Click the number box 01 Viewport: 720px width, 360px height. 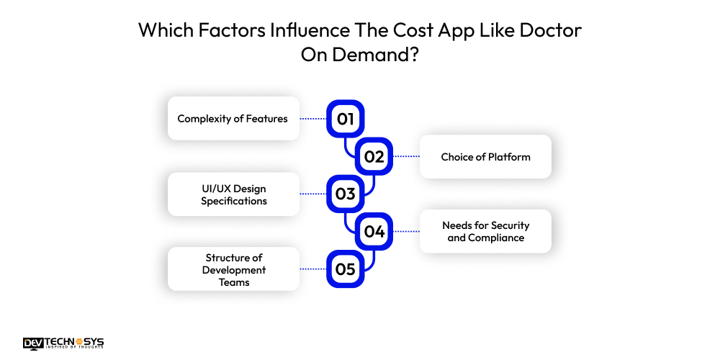(x=346, y=119)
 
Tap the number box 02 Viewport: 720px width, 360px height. (x=374, y=156)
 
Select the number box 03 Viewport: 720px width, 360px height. (x=346, y=194)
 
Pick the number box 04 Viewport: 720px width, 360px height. (x=374, y=231)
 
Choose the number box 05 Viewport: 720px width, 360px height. (x=346, y=269)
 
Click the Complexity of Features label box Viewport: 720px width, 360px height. (x=233, y=119)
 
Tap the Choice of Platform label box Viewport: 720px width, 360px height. (x=485, y=156)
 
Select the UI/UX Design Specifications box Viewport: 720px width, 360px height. (x=233, y=194)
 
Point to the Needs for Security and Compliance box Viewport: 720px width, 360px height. (x=485, y=231)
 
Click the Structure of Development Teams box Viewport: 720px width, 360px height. (x=233, y=269)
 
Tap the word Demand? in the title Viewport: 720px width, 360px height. (x=375, y=55)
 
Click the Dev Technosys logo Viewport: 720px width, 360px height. (x=63, y=343)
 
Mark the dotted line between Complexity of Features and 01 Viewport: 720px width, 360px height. (x=313, y=119)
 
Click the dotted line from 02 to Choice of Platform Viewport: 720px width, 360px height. (x=406, y=156)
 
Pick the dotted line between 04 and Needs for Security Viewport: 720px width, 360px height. (x=406, y=231)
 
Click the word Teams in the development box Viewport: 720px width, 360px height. (x=234, y=282)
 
